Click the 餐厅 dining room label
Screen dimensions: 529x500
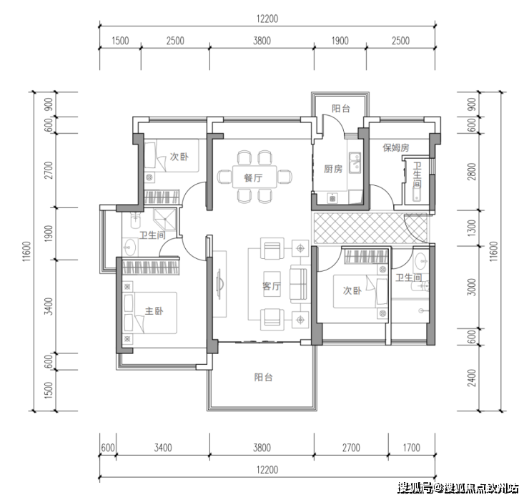point(253,177)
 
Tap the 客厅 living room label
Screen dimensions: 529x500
point(271,286)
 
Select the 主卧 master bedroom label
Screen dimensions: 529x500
point(154,310)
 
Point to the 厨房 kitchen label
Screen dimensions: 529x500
point(333,169)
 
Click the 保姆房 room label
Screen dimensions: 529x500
point(396,148)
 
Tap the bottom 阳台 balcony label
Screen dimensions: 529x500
point(263,377)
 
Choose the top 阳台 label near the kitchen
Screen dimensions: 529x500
point(341,109)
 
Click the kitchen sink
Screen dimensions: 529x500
point(355,162)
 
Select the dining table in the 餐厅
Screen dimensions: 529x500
point(254,177)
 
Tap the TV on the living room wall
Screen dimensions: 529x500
point(219,283)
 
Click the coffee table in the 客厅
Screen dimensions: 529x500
point(272,284)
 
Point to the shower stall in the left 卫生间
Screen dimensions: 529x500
point(165,220)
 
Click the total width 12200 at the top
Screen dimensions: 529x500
point(267,19)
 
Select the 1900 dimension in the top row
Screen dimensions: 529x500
point(340,41)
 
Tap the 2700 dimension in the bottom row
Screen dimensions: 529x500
point(351,448)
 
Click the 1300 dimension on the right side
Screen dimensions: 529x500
point(472,227)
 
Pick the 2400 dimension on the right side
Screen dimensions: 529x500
point(472,378)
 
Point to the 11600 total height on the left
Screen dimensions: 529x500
point(27,251)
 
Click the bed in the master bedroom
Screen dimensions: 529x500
point(150,313)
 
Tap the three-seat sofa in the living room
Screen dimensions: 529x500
point(299,283)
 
